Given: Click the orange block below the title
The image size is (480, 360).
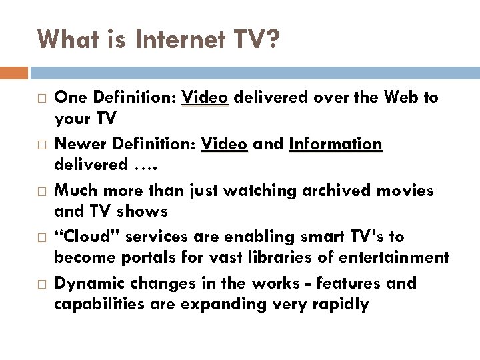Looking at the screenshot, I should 14,72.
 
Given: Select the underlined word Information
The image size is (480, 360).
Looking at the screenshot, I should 336,144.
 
